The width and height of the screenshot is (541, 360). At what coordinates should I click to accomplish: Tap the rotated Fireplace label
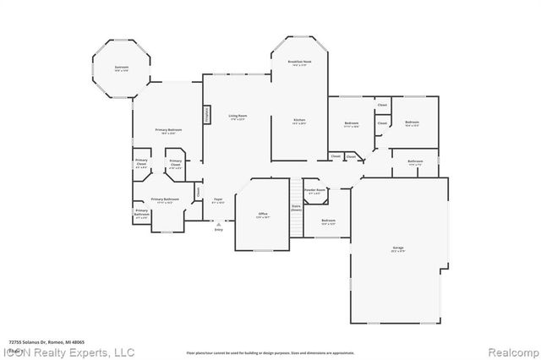tap(205, 115)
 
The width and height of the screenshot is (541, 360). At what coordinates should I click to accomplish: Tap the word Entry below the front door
tap(218, 229)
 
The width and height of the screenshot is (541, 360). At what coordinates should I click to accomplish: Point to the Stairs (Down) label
tap(296, 208)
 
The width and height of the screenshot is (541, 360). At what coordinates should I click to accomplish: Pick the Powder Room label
tap(314, 192)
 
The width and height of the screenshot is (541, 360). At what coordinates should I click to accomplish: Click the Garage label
tap(397, 248)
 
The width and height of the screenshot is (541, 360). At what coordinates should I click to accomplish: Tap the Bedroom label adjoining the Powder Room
tap(329, 221)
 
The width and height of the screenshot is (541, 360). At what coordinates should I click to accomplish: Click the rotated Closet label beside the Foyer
tap(199, 192)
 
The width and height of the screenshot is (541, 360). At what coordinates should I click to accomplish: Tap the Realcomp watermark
tap(511, 352)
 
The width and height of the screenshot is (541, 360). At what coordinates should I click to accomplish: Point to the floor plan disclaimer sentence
tap(270, 352)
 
